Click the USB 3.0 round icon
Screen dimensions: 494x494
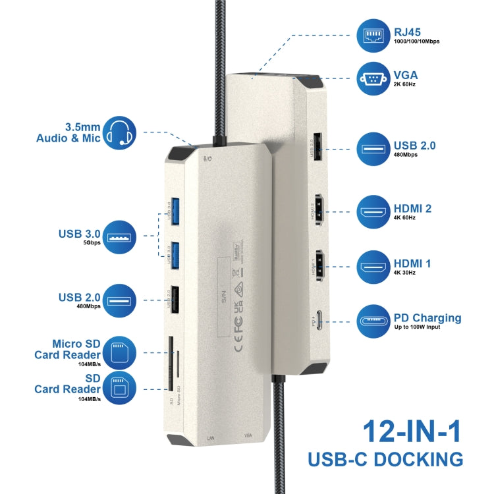(119, 236)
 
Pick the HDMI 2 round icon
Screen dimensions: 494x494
(373, 213)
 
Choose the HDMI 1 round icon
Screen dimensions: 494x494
(373, 267)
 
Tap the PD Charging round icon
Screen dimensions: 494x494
(373, 322)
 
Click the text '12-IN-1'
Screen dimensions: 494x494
(412, 432)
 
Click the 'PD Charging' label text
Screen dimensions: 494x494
(427, 317)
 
